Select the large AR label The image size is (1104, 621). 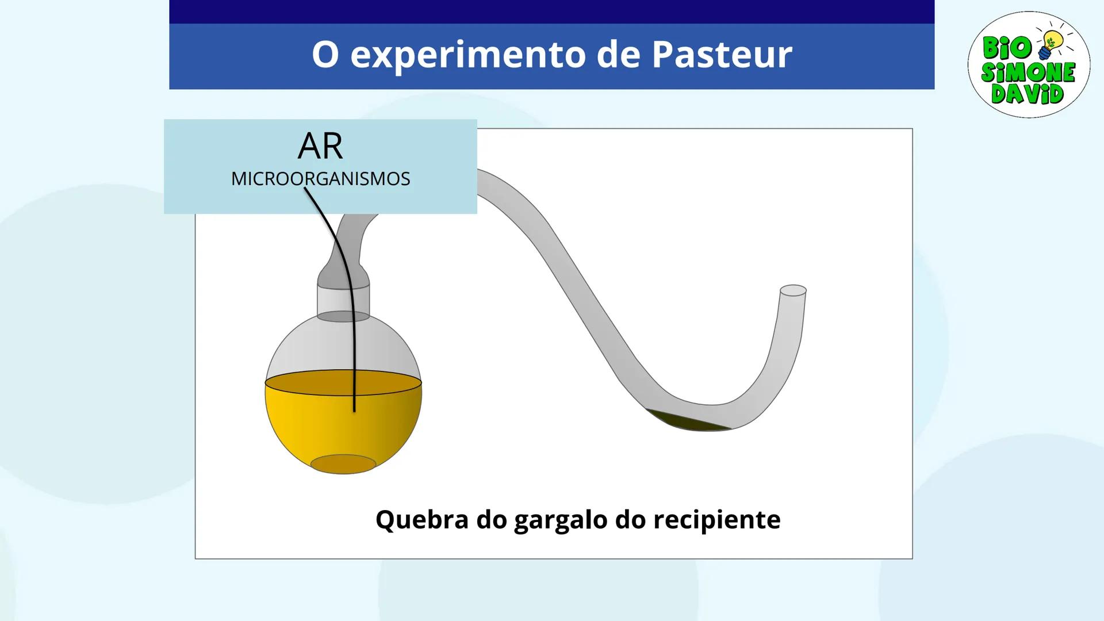tap(320, 147)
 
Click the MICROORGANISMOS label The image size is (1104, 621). tap(320, 179)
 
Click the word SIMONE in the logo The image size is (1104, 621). tap(1028, 72)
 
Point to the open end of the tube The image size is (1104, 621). tap(793, 290)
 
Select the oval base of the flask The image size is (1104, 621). tap(343, 464)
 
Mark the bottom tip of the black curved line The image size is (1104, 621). tap(354, 411)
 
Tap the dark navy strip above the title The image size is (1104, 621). tap(551, 11)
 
